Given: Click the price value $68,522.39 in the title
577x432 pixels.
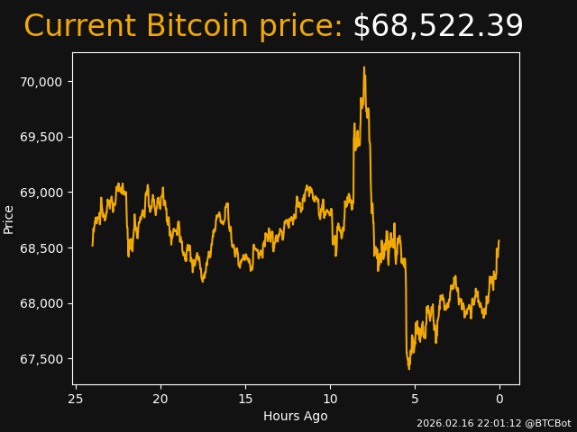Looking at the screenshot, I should click(x=437, y=27).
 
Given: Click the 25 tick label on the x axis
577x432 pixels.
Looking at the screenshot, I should click(x=76, y=399).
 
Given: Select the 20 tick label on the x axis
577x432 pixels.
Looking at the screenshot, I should click(x=160, y=399).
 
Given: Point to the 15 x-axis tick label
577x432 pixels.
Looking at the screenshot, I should click(x=245, y=399).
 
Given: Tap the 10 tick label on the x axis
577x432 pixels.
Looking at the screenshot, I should click(x=330, y=399).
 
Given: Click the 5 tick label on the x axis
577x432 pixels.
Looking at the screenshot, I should click(x=415, y=399).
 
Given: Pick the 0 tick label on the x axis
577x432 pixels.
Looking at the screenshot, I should click(x=499, y=399).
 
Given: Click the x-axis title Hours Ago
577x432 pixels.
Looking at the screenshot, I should click(x=295, y=416).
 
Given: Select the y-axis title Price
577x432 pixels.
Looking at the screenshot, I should click(x=9, y=220).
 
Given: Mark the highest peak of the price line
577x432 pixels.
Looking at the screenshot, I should click(x=364, y=67).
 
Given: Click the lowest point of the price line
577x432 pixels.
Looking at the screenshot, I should click(x=408, y=368).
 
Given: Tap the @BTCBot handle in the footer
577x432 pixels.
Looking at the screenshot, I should click(x=548, y=423).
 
